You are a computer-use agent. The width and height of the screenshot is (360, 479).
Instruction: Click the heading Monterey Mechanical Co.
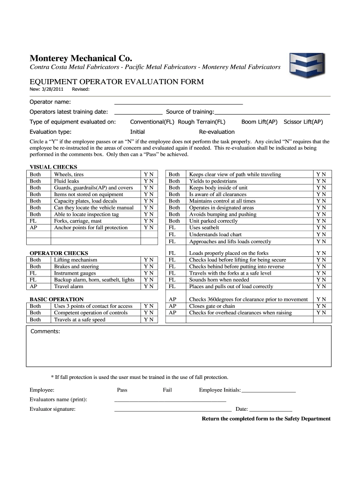(81, 58)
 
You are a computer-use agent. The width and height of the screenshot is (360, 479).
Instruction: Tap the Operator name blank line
(179, 102)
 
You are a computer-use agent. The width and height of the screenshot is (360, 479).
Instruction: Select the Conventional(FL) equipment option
(152, 122)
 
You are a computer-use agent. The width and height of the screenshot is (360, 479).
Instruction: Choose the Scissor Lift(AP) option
(303, 122)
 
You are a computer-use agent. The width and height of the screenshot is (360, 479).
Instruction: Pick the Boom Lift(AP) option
(259, 122)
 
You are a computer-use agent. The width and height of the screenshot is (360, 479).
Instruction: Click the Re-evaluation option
(217, 132)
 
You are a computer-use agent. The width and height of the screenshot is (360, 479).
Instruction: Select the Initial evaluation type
(137, 132)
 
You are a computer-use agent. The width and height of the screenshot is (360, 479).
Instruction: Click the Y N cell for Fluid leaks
(149, 181)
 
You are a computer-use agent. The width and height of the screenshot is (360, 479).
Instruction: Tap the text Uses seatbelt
(204, 228)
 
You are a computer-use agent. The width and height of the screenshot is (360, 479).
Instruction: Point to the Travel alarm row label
(68, 286)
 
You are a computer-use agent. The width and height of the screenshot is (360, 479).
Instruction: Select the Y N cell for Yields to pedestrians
(321, 181)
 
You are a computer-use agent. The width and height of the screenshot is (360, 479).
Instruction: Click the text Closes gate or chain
(212, 306)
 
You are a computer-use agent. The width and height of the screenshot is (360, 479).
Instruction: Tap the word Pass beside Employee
(122, 390)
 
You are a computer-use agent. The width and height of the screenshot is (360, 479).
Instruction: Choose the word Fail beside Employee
(167, 390)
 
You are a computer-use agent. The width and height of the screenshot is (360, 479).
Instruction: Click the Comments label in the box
(45, 332)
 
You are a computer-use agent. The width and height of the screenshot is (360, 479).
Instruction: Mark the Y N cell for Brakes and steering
(149, 267)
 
